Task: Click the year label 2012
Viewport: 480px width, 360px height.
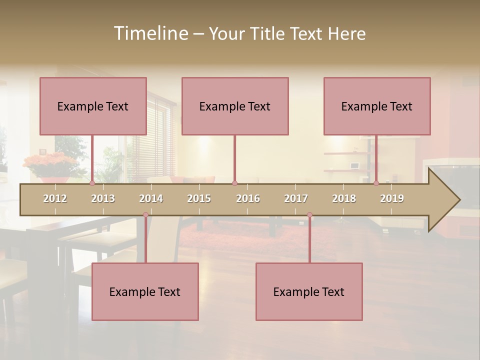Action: [x=55, y=198]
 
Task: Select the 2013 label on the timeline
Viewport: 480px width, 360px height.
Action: [x=103, y=198]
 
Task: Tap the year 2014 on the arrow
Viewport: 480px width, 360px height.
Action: [x=151, y=198]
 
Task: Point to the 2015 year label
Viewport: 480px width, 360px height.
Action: [x=199, y=198]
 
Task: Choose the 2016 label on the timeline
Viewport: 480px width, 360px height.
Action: [x=248, y=198]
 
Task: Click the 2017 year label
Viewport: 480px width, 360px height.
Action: [x=296, y=198]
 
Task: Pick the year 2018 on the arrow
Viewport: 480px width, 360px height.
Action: [x=344, y=198]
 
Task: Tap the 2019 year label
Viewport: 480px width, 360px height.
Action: [x=392, y=198]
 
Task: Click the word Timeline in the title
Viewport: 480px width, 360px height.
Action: [x=150, y=33]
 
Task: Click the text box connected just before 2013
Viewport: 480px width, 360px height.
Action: [x=93, y=106]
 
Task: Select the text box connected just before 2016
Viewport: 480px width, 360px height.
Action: [x=235, y=106]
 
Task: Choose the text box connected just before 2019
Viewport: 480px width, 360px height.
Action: [x=377, y=106]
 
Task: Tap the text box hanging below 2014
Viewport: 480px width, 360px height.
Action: [x=145, y=291]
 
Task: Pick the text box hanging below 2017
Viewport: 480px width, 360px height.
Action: [x=309, y=291]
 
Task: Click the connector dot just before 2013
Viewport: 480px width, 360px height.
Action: [x=92, y=183]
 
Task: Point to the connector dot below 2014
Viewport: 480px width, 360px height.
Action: [x=145, y=215]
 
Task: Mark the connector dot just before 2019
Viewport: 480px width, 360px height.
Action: [x=376, y=183]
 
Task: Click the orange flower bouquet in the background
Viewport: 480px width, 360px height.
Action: [x=50, y=162]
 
